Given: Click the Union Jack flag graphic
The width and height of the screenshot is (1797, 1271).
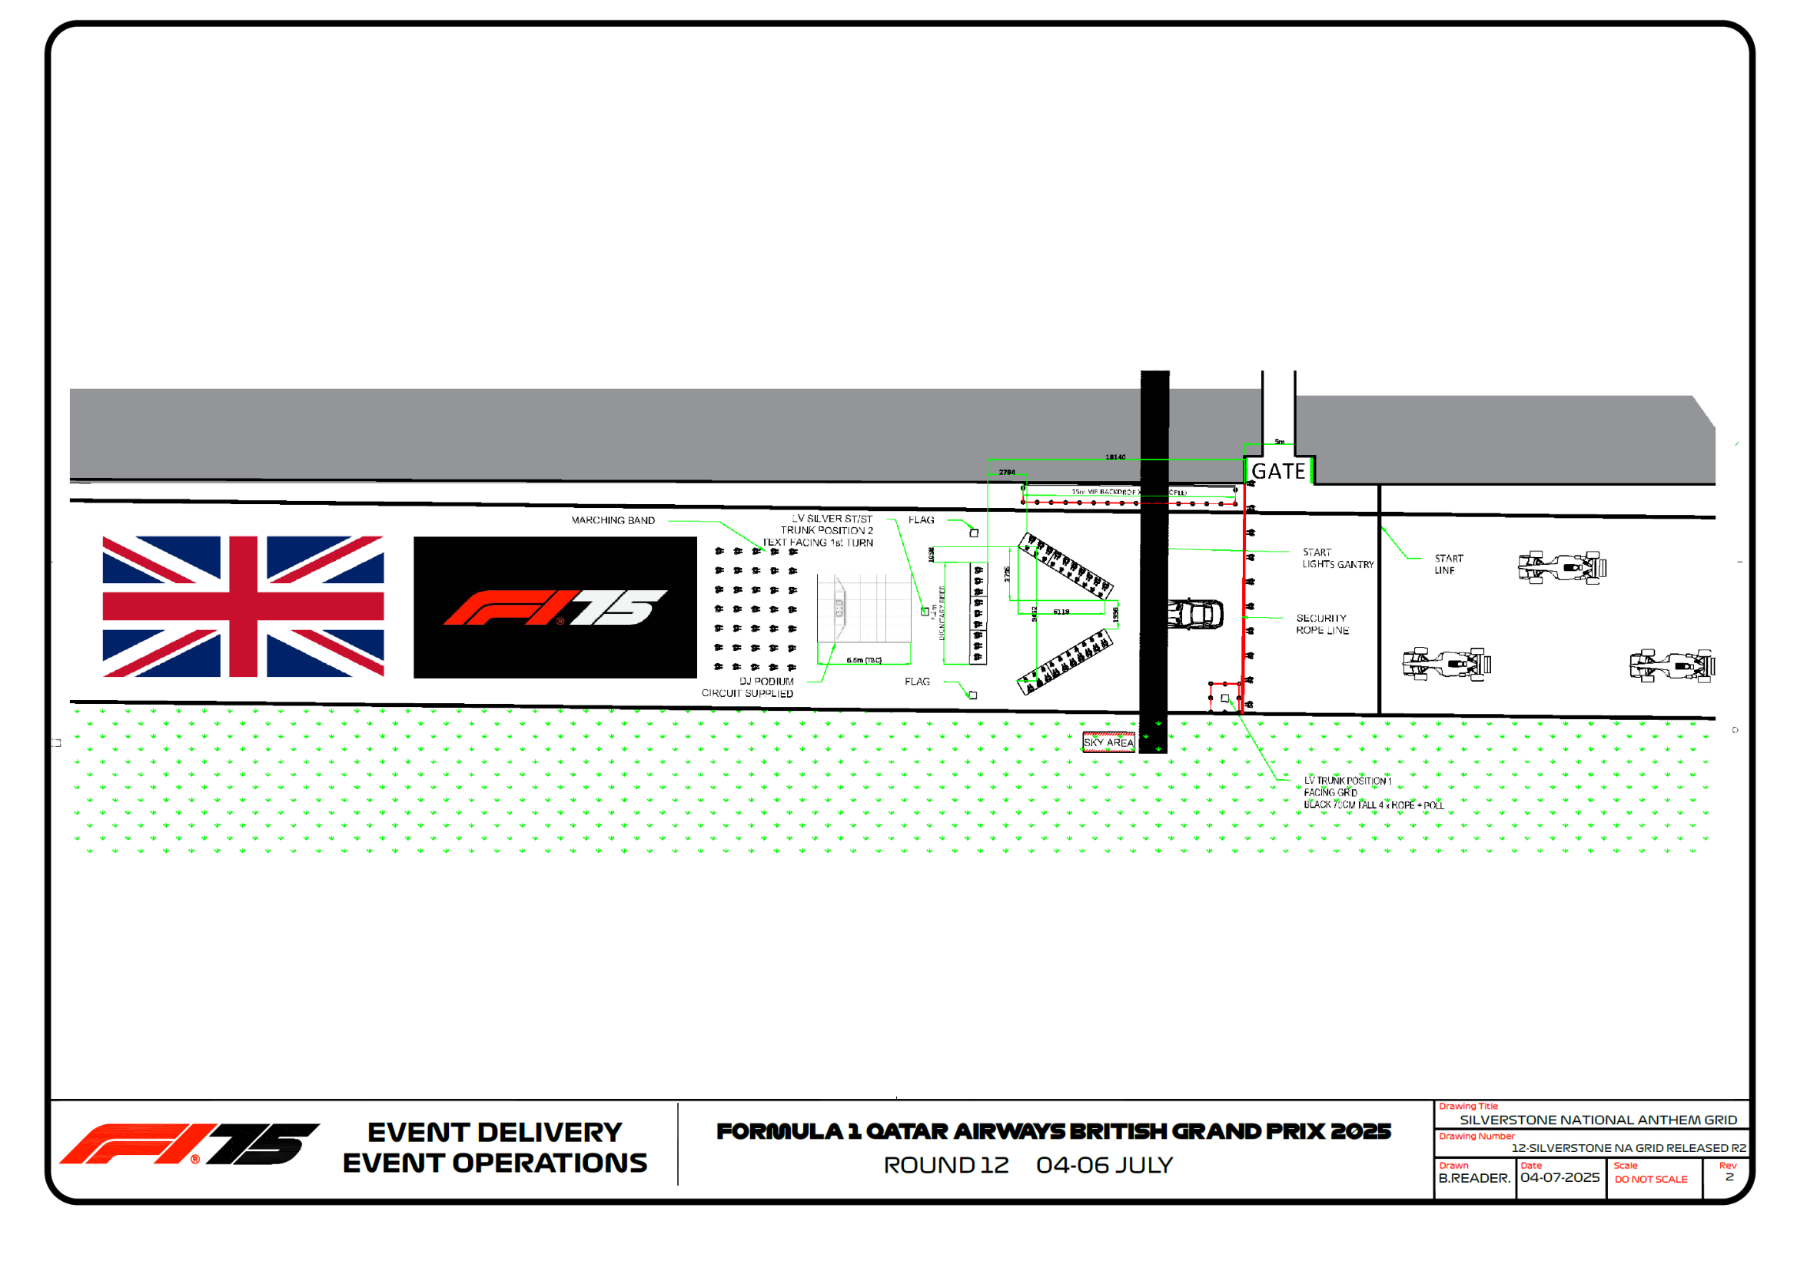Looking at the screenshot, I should click(243, 606).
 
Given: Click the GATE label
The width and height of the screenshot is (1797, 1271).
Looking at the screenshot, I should click(1278, 471).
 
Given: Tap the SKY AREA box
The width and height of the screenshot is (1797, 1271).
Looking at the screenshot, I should click(1108, 742).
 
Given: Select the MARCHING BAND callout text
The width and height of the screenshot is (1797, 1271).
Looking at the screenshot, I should click(613, 520).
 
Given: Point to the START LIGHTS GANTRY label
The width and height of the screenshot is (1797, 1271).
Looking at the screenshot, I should click(1337, 558).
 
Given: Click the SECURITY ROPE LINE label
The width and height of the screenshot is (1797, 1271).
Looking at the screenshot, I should click(1322, 624).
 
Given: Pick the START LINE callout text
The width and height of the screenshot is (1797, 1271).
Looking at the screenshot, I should click(1448, 564).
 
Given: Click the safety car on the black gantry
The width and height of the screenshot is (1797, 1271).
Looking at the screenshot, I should click(1194, 615).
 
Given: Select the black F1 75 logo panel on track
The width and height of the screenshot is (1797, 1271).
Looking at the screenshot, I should click(555, 607).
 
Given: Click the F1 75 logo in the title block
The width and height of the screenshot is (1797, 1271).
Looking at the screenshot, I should click(189, 1144).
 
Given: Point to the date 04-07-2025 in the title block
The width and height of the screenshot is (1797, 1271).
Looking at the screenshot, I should click(1559, 1178).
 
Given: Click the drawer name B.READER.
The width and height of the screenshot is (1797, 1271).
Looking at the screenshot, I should click(1473, 1178).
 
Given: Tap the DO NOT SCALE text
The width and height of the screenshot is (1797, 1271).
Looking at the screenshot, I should click(1651, 1180).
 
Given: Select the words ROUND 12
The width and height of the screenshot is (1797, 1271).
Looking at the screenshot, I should click(945, 1166).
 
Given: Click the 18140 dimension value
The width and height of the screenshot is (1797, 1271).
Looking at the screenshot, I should click(1115, 457).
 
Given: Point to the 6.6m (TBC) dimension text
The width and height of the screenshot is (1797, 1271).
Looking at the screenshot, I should click(863, 660).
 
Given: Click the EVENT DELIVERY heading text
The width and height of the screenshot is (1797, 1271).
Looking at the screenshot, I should click(495, 1133).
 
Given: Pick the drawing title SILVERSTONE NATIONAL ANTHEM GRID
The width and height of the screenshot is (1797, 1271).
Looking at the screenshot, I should click(1597, 1120).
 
